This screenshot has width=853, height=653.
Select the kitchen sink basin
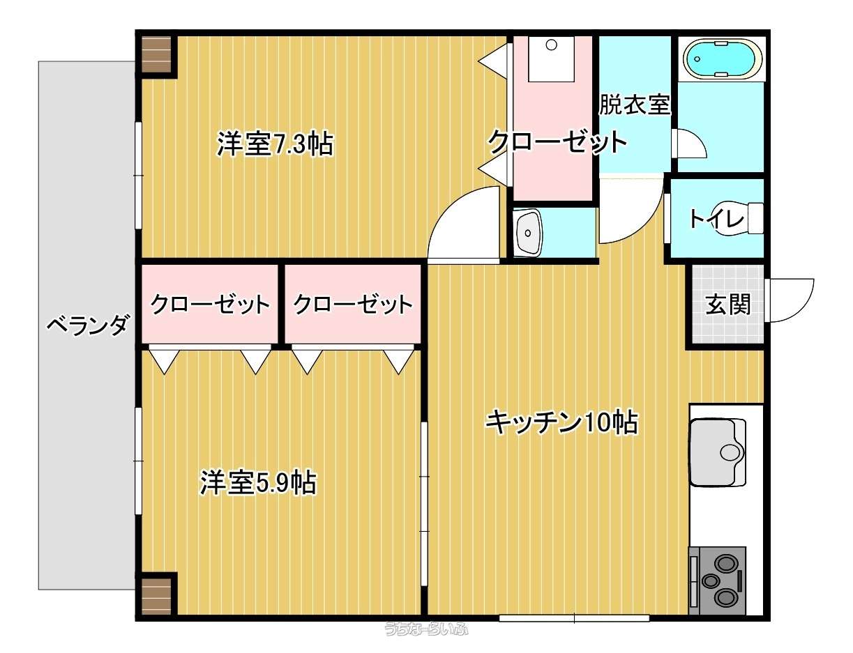718,452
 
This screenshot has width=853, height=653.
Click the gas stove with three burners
717,580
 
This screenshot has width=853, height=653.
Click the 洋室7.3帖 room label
275,144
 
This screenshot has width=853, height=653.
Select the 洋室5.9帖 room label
258,482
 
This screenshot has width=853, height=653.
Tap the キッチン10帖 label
562,422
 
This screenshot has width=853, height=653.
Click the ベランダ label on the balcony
87,325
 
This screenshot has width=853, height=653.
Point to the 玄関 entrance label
727,304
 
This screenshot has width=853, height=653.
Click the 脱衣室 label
635,105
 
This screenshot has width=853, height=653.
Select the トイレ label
716,219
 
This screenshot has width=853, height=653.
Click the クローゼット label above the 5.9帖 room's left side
210,304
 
